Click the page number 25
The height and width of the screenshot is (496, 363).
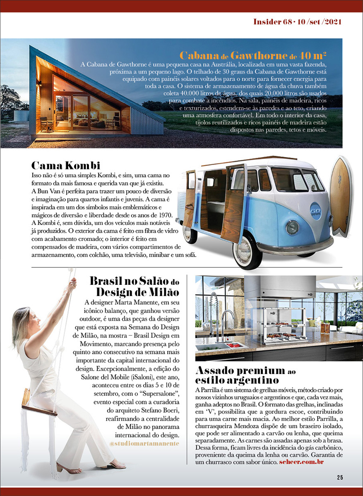(x=340, y=477)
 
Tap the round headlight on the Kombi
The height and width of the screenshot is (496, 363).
(x=293, y=227)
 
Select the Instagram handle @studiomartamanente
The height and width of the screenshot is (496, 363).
(x=144, y=443)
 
